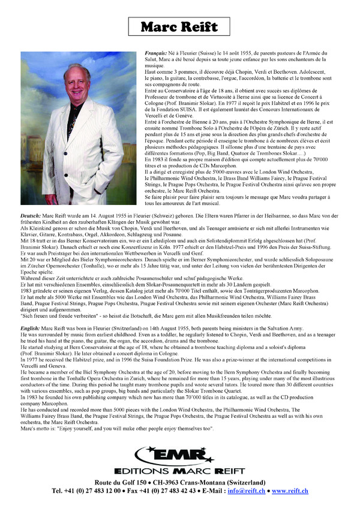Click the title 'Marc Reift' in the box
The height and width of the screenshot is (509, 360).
pyautogui.click(x=180, y=28)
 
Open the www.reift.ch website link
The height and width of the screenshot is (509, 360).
pyautogui.click(x=290, y=491)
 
